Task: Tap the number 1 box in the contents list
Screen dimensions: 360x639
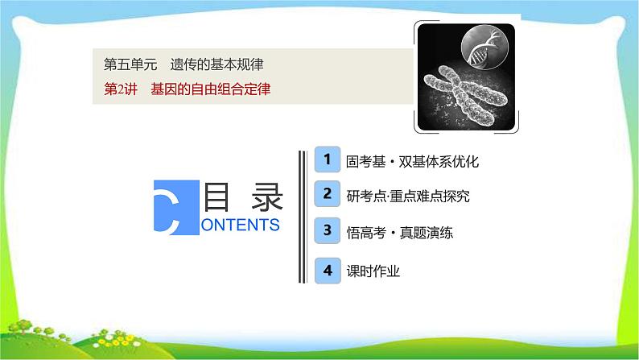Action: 326,159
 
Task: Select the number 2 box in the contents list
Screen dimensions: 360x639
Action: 326,194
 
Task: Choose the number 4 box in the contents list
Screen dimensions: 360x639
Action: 326,270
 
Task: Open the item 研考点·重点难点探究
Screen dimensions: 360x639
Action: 407,196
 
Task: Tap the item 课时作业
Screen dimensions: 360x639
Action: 373,271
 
